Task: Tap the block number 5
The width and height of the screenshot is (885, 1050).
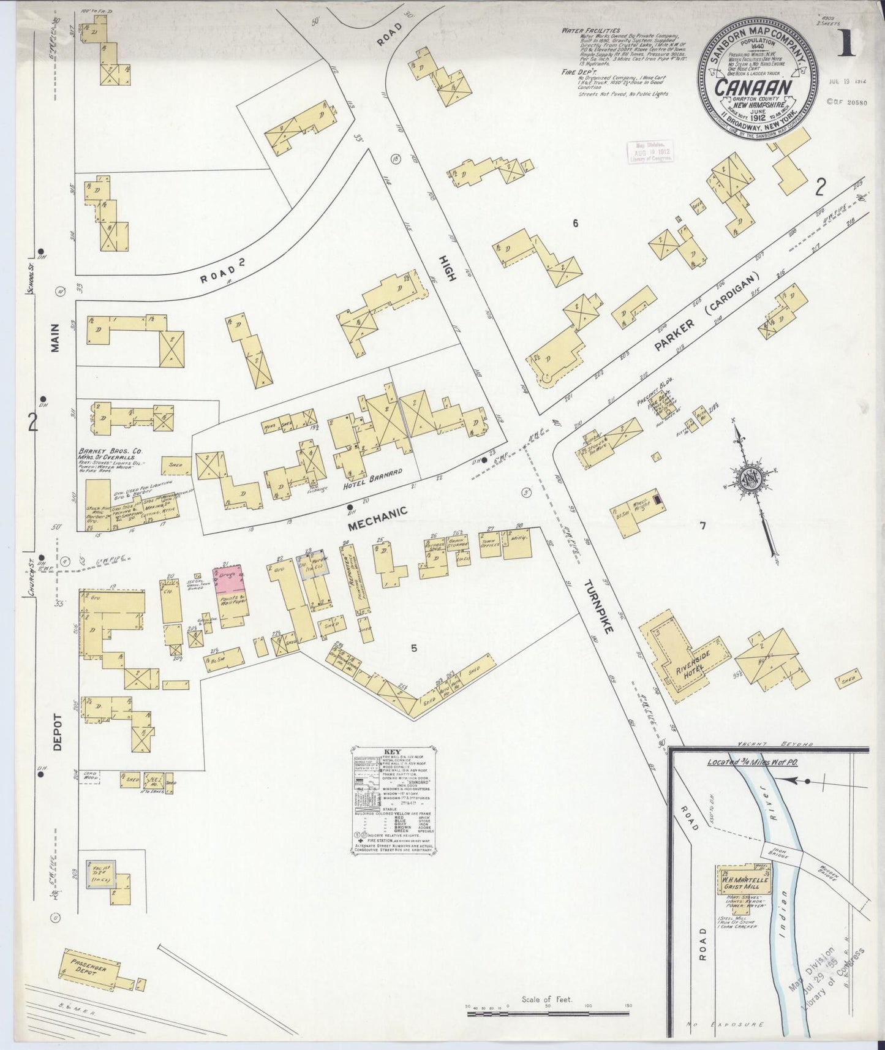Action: coord(414,649)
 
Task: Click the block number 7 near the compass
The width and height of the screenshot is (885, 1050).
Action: coord(702,525)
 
